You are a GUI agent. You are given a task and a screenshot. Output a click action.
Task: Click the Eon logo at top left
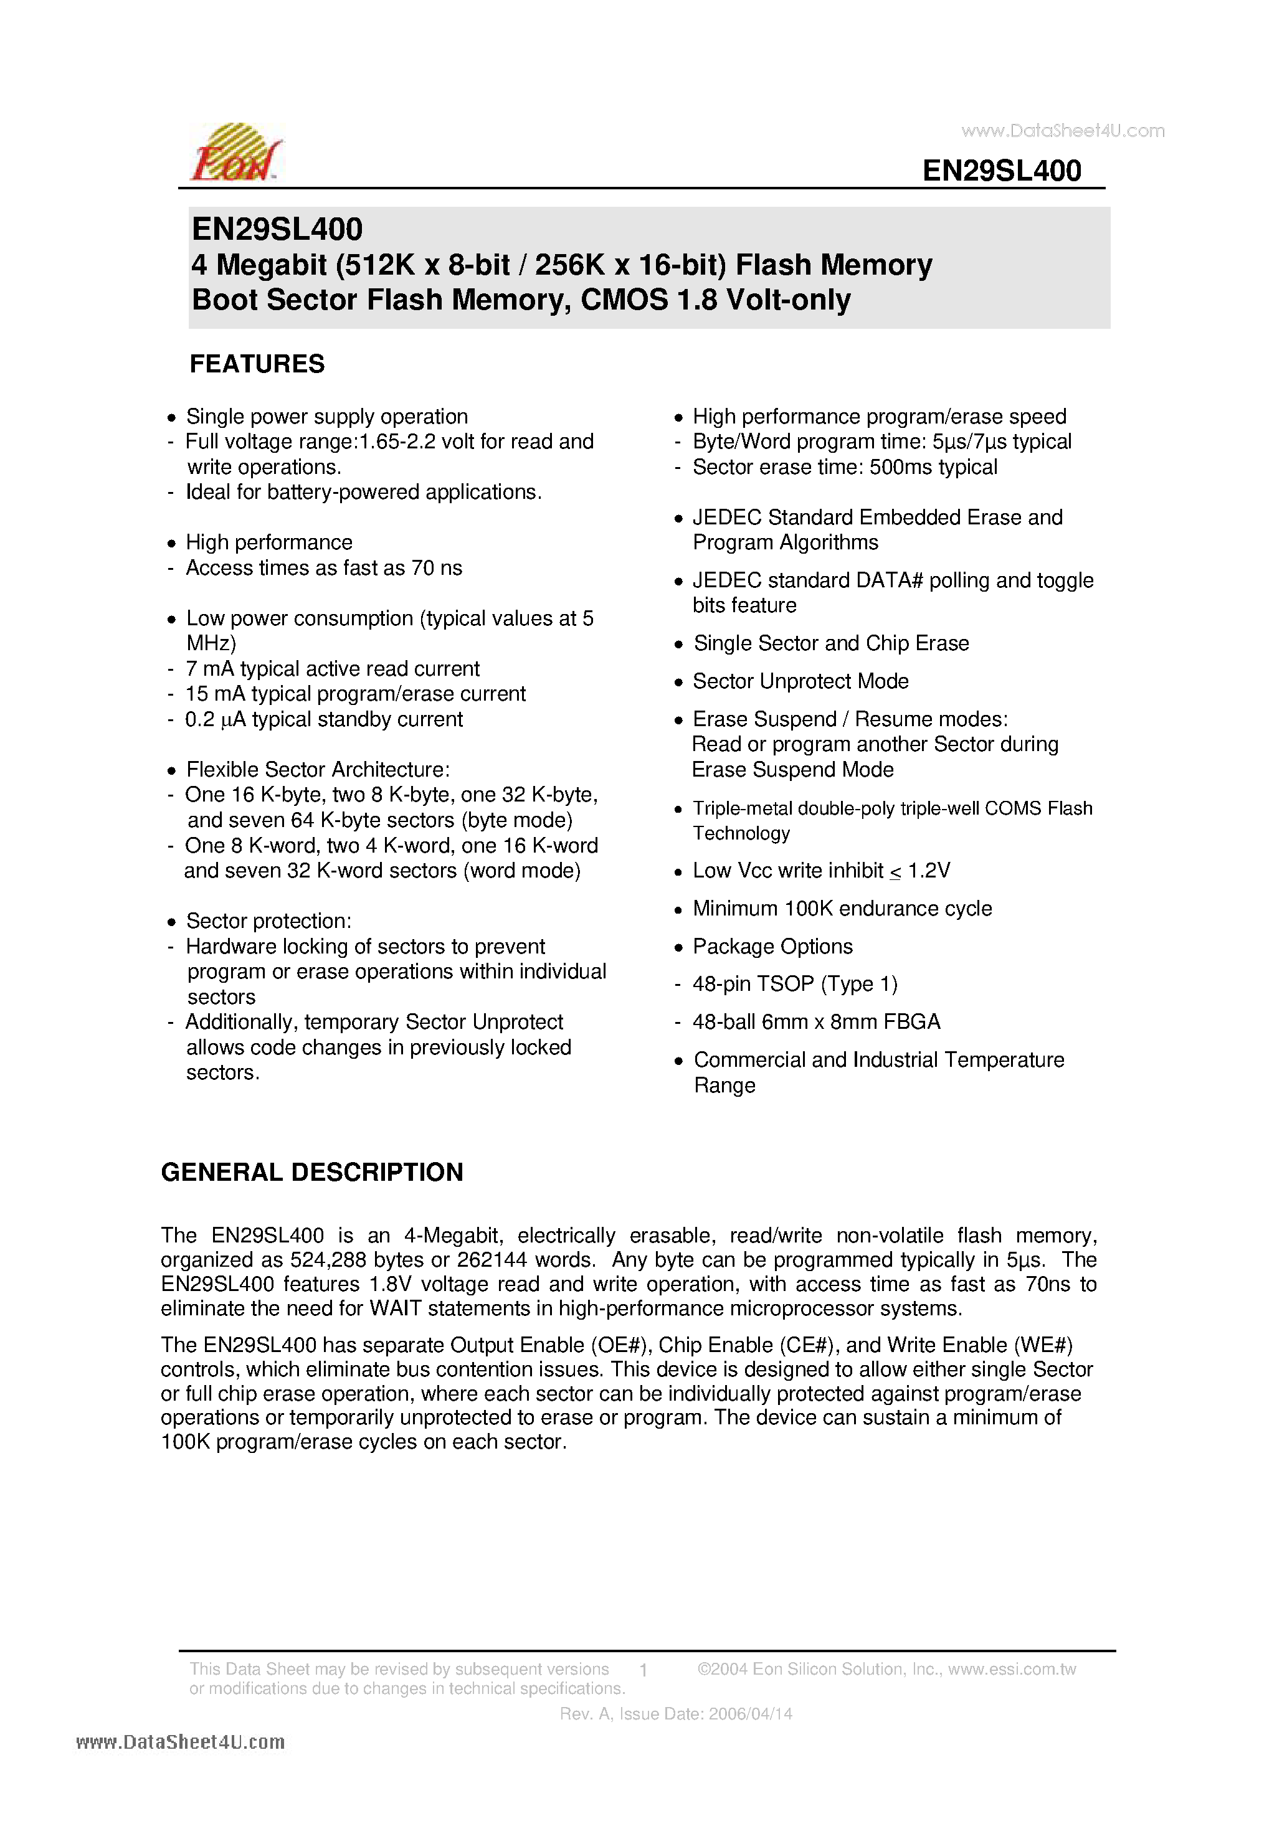(x=235, y=153)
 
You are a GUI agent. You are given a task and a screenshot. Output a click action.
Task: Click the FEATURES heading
(x=256, y=364)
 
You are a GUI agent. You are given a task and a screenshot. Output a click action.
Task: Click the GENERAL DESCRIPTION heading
(x=312, y=1172)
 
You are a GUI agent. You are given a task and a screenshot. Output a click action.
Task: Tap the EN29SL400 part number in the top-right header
(x=1001, y=171)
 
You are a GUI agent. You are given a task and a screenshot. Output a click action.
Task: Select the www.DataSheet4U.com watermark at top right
(x=1063, y=131)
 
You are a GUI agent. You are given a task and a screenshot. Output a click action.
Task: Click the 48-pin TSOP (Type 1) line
(x=794, y=984)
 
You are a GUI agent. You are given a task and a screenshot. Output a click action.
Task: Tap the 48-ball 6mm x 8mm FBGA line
(x=815, y=1021)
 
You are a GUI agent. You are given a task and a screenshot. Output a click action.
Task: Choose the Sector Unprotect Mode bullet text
(x=800, y=681)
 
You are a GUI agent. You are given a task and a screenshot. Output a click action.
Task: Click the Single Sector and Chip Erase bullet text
(x=831, y=643)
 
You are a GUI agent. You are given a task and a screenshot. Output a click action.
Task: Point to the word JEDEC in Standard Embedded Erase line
(x=727, y=518)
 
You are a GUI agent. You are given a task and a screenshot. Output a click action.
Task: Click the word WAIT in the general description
(x=396, y=1308)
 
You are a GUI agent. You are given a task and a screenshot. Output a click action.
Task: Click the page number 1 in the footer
(x=643, y=1670)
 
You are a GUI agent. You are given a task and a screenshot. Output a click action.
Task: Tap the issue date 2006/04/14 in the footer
(x=750, y=1714)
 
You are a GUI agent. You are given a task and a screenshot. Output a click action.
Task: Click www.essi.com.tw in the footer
(x=1012, y=1668)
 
